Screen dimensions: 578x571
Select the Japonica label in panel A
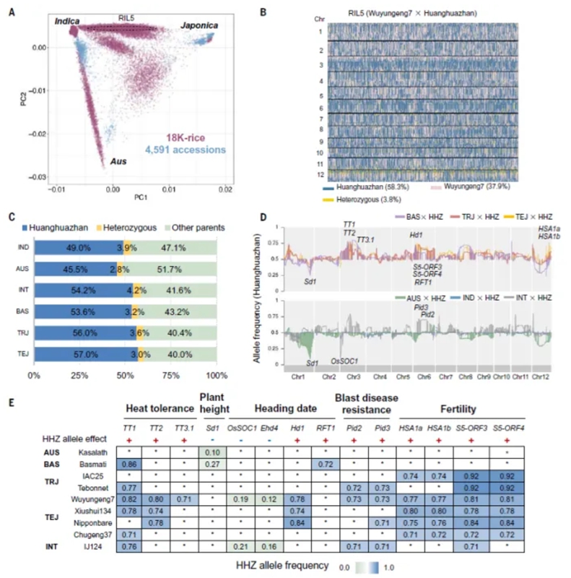point(202,25)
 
